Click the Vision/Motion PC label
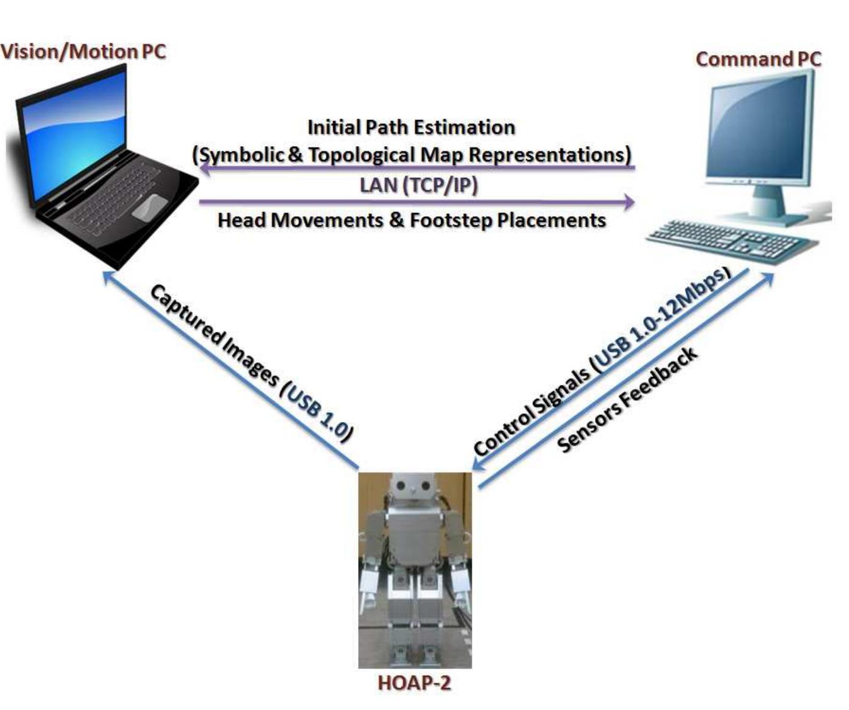[x=83, y=51]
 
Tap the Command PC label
[x=758, y=59]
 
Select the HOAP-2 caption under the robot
[x=414, y=683]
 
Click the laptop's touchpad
[x=150, y=207]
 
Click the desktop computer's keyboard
[x=731, y=240]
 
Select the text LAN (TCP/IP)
[x=418, y=185]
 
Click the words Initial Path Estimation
[x=411, y=127]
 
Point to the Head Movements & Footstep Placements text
[x=412, y=220]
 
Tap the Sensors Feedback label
[x=627, y=399]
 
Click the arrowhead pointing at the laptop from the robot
[x=108, y=277]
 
